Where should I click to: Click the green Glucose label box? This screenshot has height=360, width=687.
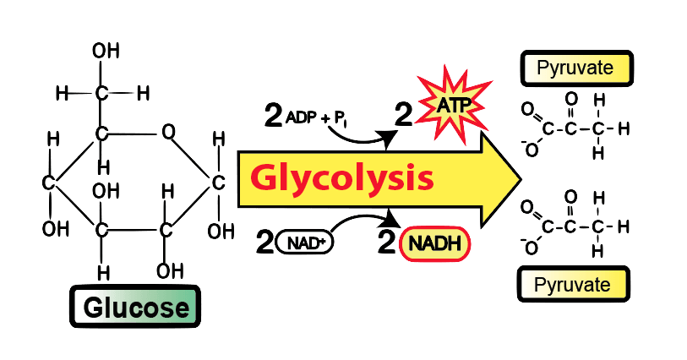click(135, 307)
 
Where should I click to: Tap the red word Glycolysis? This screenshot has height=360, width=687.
click(342, 178)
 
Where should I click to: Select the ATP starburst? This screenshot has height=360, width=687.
click(453, 105)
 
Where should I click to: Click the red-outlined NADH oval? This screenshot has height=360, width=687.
click(435, 244)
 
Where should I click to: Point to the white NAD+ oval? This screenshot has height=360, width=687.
click(305, 243)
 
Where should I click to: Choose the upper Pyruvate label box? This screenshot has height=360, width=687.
click(576, 68)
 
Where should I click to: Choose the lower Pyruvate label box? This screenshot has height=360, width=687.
click(574, 284)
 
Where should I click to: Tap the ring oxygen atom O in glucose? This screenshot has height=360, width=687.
click(168, 131)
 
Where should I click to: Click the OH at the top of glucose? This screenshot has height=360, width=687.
click(106, 52)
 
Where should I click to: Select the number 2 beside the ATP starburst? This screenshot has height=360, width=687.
click(404, 115)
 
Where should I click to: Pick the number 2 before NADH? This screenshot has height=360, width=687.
click(386, 242)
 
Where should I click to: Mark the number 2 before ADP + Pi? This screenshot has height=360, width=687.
click(274, 115)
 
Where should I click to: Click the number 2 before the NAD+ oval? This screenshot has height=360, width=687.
click(265, 243)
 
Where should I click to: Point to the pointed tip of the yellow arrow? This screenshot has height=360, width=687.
click(521, 179)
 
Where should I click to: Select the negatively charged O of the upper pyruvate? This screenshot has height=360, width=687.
click(530, 149)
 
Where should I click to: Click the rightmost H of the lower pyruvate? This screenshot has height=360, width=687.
click(624, 226)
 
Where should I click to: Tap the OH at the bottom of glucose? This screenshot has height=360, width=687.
click(170, 271)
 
